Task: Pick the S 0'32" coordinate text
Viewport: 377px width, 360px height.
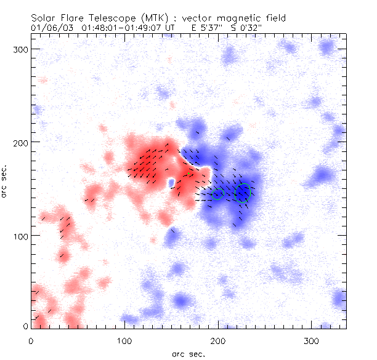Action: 248,28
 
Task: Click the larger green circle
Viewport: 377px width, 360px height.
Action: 243,193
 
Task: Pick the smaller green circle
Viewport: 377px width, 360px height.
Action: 217,194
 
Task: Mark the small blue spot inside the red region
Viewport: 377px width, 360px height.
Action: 171,183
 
